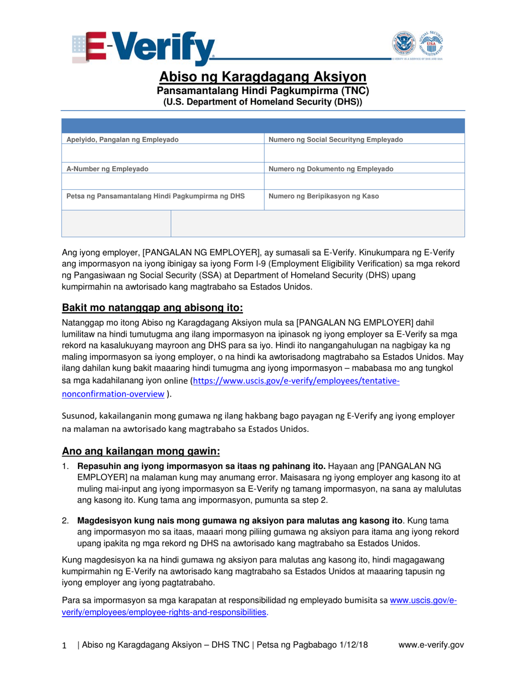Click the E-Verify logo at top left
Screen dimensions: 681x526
pyautogui.click(x=143, y=48)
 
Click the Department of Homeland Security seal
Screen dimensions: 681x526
pyautogui.click(x=404, y=44)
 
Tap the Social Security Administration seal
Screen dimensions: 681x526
pyautogui.click(x=431, y=44)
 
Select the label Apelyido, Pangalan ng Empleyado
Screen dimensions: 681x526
pyautogui.click(x=122, y=140)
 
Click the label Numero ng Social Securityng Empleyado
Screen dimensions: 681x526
pyautogui.click(x=336, y=140)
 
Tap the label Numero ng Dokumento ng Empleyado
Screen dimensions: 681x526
pyautogui.click(x=331, y=169)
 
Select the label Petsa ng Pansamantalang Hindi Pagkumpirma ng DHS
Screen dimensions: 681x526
pyautogui.click(x=156, y=196)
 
